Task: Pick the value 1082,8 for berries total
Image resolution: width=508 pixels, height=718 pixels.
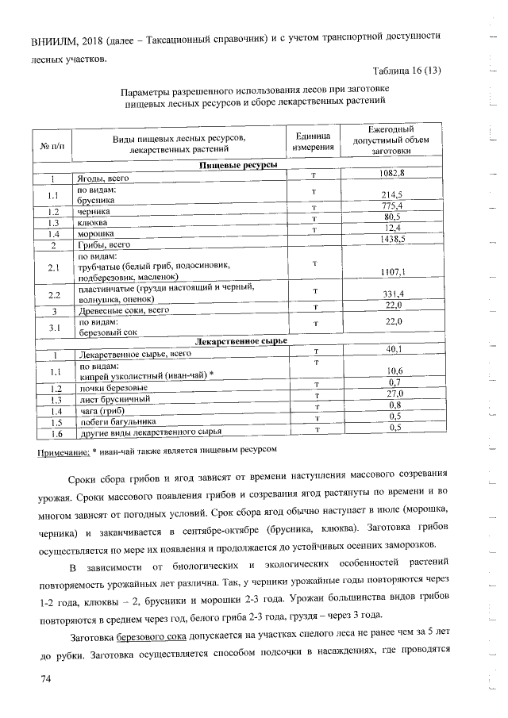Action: [x=391, y=172]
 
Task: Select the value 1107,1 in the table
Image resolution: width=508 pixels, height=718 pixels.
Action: [x=392, y=272]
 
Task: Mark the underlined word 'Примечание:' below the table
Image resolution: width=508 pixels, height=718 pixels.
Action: [x=63, y=451]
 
